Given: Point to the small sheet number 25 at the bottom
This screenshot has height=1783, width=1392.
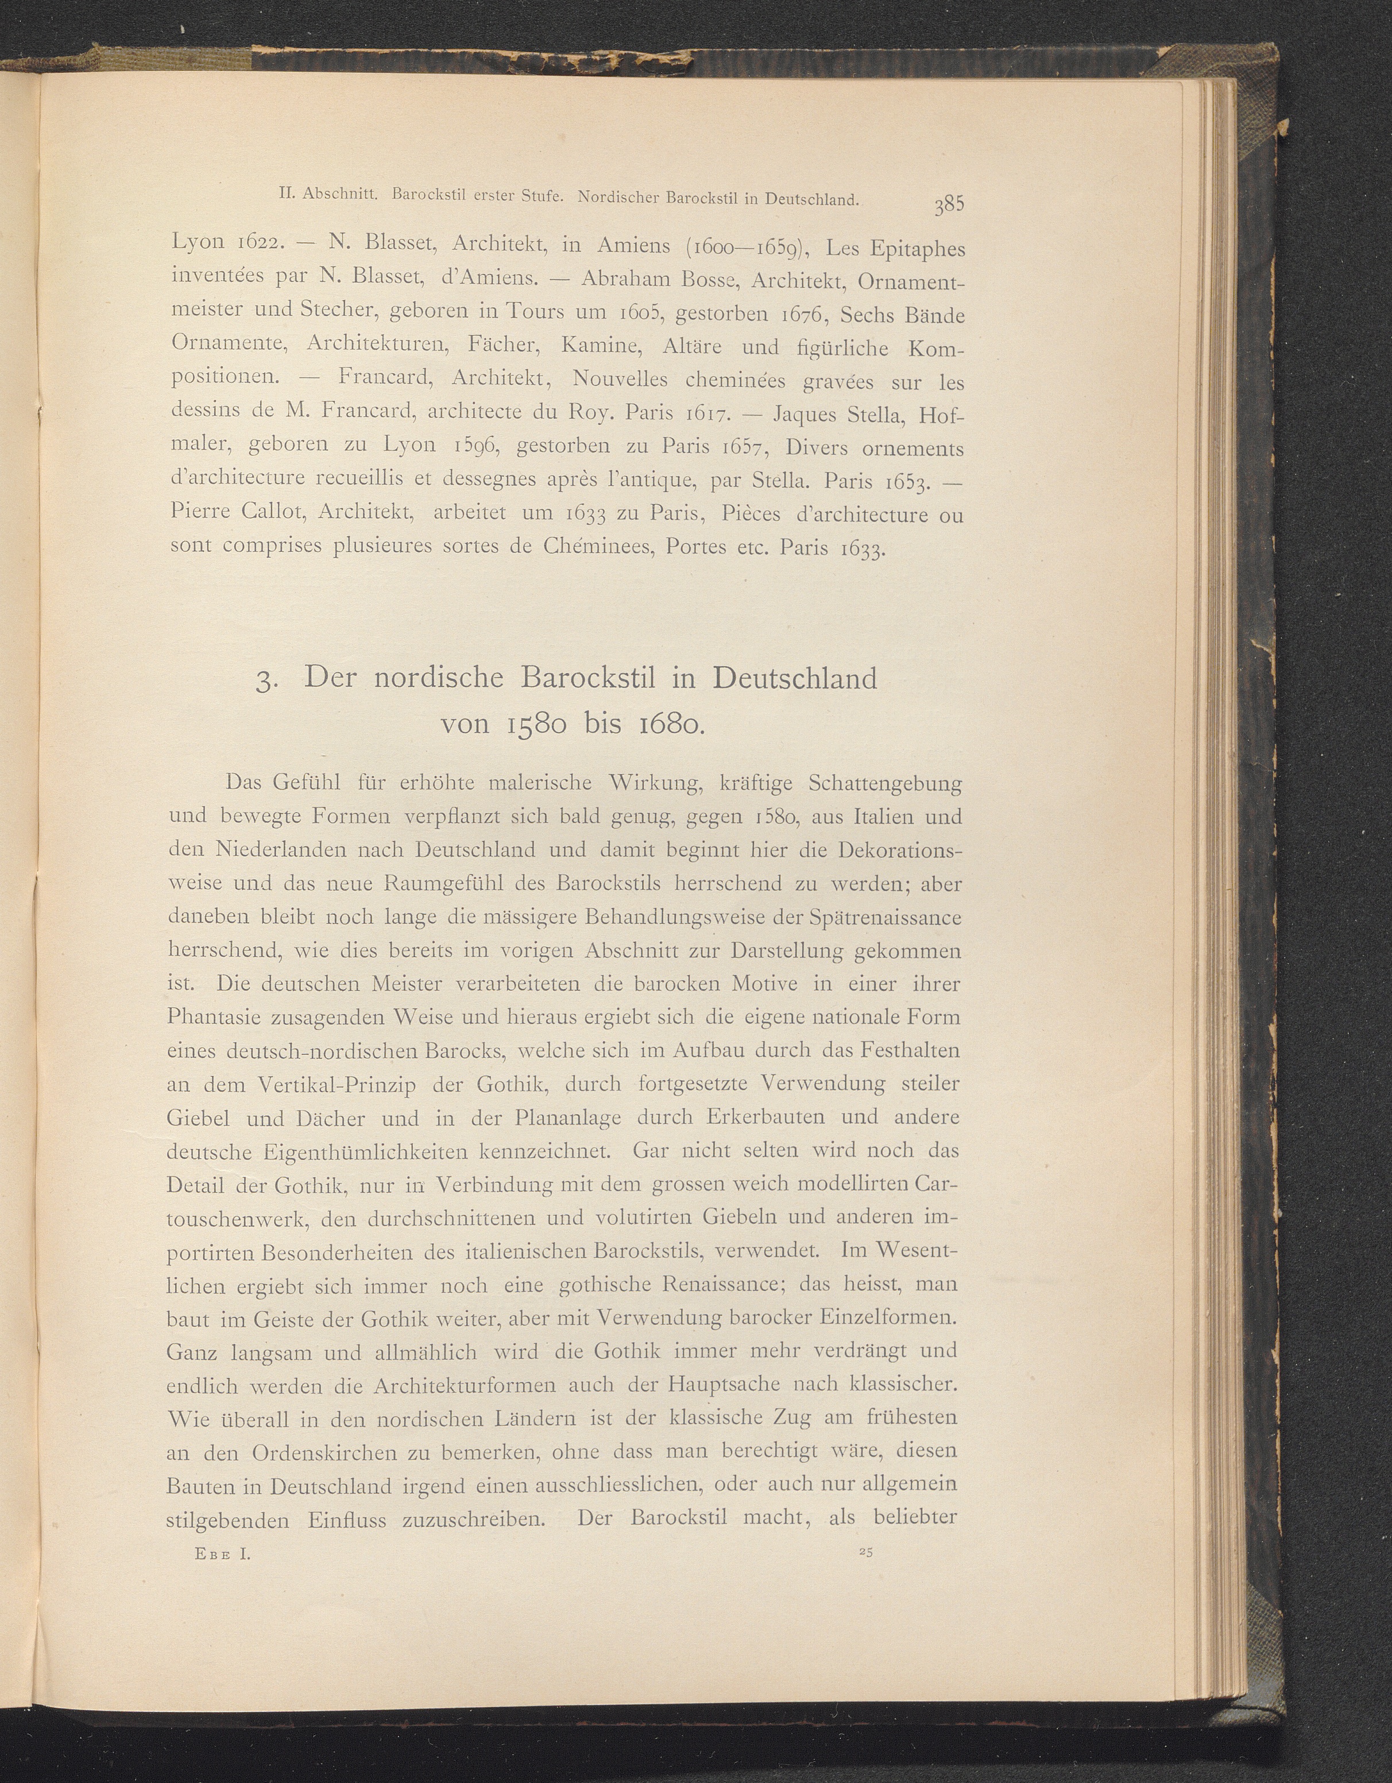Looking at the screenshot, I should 866,1553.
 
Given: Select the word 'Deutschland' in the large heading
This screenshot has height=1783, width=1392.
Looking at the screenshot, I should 794,678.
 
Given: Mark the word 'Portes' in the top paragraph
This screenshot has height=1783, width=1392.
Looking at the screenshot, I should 695,546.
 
